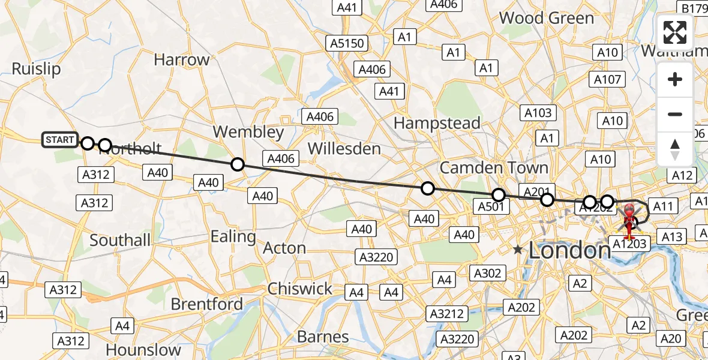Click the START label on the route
point(59,140)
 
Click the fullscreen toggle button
point(675,32)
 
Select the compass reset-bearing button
point(675,149)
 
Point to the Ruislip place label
point(36,69)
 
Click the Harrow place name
point(181,60)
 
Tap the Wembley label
point(248,132)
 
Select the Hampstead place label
point(437,124)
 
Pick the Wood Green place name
point(546,18)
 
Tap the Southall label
point(120,241)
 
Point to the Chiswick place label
point(300,289)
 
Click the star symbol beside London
point(517,249)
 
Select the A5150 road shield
point(347,43)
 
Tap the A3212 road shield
point(446,314)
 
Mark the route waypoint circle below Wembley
point(238,164)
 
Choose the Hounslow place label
point(143,350)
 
